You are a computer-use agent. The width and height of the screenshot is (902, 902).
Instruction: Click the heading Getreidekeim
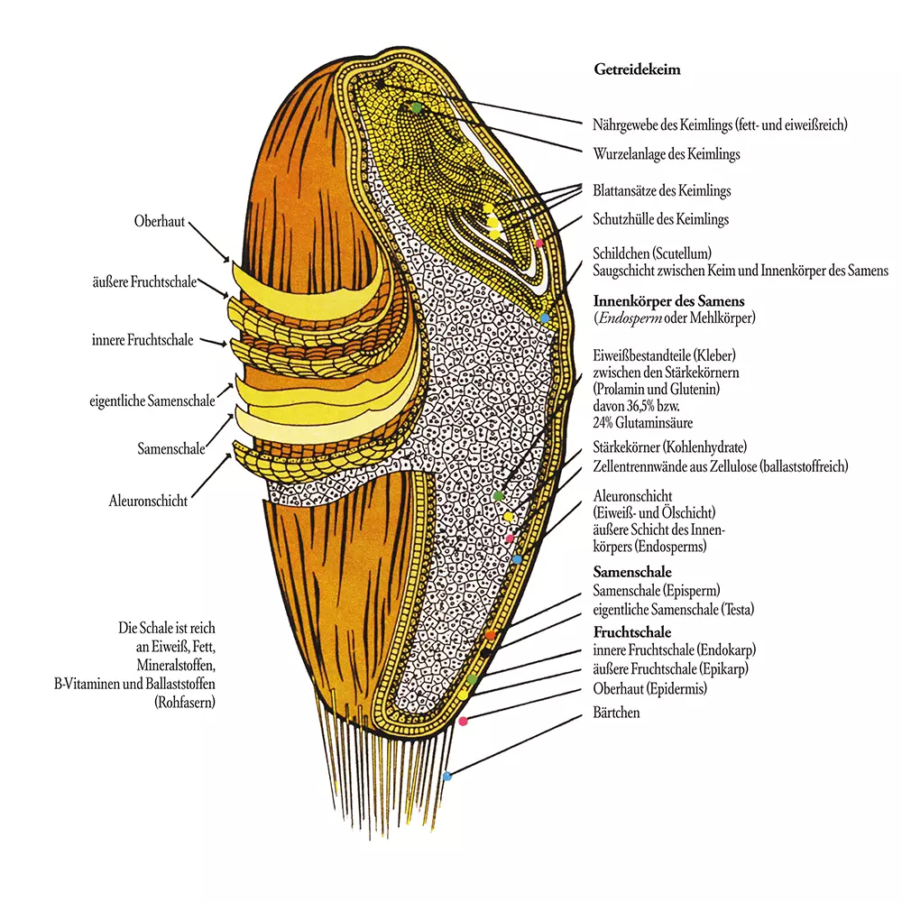pos(637,68)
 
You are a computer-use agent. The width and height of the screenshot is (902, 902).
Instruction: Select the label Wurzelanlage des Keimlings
pos(667,154)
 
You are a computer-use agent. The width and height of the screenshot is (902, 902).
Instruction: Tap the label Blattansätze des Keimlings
pos(661,191)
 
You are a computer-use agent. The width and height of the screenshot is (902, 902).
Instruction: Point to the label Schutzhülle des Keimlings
pos(660,219)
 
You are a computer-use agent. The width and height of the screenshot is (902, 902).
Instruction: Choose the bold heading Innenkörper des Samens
pos(668,300)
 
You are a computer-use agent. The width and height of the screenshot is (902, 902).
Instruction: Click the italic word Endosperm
pos(629,318)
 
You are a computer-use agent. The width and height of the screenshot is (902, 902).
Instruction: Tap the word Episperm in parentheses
pos(694,590)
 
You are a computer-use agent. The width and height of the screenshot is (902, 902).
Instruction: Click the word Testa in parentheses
pos(733,609)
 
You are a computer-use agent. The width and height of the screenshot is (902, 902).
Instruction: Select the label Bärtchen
pos(617,713)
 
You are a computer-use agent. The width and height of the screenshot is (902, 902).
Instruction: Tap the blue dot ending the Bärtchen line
pos(447,775)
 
